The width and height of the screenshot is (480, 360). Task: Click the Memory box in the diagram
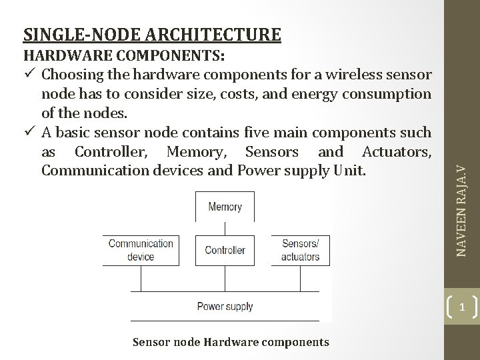225,207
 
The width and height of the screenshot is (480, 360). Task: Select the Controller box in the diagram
225,251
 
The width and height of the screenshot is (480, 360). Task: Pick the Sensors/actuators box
300,250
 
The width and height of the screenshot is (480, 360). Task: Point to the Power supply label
225,307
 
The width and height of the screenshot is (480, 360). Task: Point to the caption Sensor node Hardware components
231,342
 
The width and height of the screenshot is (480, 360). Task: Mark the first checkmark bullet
29,73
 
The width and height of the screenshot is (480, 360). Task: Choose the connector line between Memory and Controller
225,229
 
